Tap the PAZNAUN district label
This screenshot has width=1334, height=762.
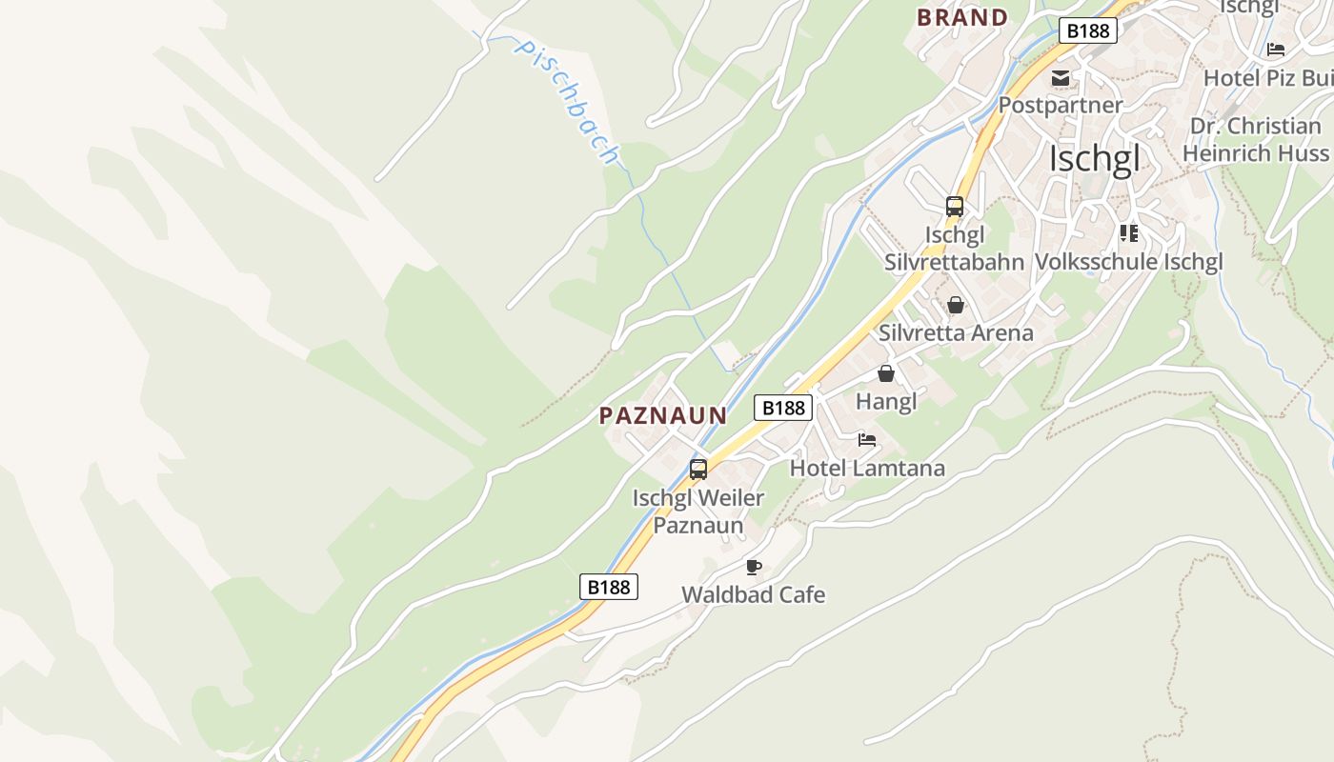pos(663,415)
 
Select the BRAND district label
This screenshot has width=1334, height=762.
pos(961,17)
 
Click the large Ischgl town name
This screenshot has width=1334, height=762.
pos(1093,159)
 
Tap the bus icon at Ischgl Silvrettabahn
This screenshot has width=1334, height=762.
pos(954,207)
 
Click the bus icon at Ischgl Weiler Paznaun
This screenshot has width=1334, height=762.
pos(698,470)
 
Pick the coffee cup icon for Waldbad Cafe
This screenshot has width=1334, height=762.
pos(754,568)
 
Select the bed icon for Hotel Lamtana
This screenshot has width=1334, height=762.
pos(867,440)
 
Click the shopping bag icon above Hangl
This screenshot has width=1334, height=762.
pos(886,373)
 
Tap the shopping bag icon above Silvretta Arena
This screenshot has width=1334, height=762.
pos(956,305)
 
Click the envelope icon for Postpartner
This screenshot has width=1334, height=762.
pos(1061,78)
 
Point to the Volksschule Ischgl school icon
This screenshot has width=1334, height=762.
pos(1129,233)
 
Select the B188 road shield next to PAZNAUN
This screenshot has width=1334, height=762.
pos(783,408)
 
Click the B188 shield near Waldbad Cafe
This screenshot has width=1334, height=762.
pos(609,587)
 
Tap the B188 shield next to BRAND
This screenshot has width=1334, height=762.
pos(1087,30)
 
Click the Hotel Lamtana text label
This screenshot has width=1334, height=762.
pos(867,468)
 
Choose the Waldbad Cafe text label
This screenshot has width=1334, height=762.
pos(753,595)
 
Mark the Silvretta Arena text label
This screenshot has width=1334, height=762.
pos(956,332)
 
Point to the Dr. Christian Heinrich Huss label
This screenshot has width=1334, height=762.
pos(1256,139)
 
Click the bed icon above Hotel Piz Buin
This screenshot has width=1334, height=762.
pos(1276,50)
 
